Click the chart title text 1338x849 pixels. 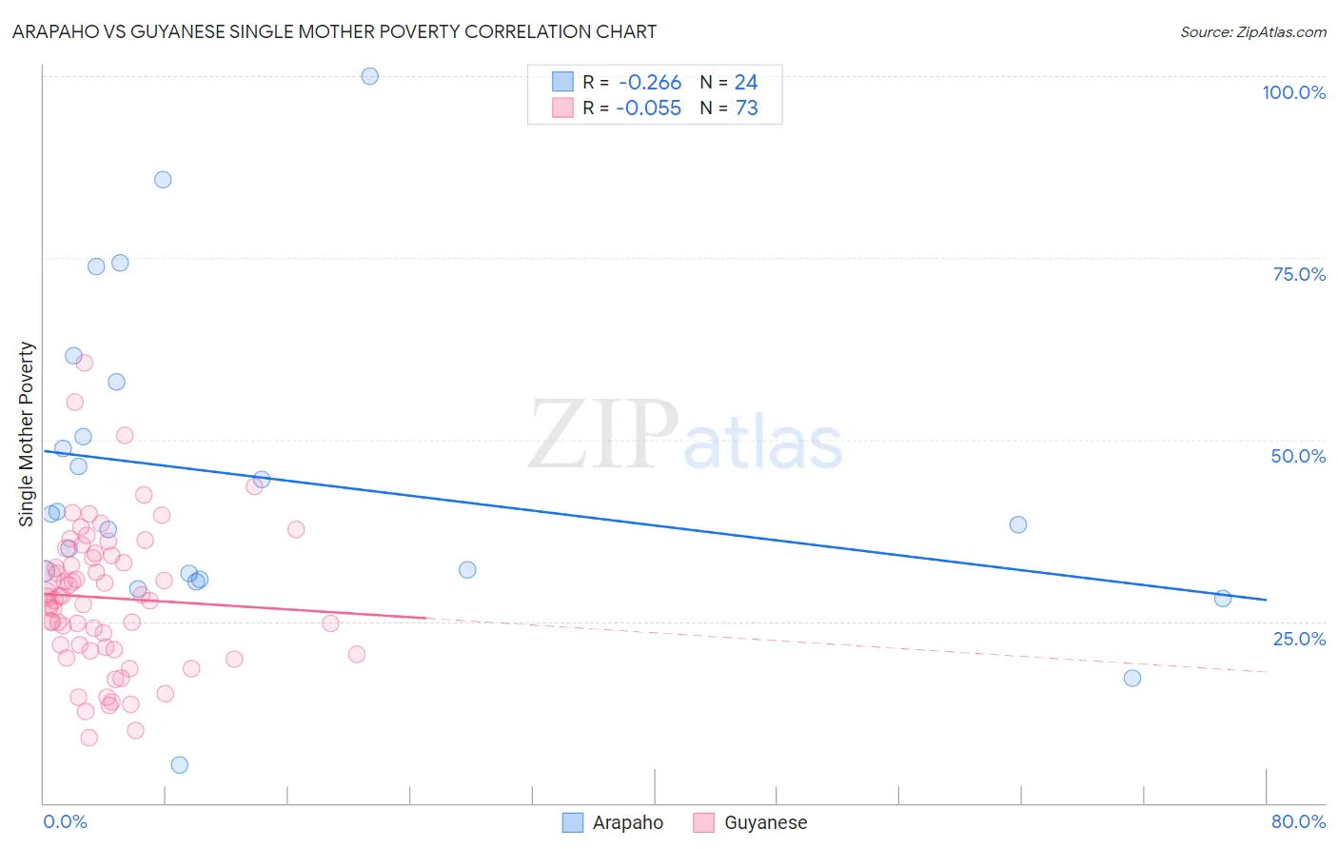pyautogui.click(x=334, y=31)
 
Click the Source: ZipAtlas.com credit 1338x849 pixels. pyautogui.click(x=1252, y=31)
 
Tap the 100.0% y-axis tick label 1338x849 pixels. pyautogui.click(x=1293, y=92)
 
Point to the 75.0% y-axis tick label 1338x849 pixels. pyautogui.click(x=1299, y=274)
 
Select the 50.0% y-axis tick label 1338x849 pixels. pyautogui.click(x=1298, y=456)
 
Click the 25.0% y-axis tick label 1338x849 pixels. pyautogui.click(x=1299, y=639)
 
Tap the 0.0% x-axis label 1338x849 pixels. pyautogui.click(x=65, y=821)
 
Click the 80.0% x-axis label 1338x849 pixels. pyautogui.click(x=1298, y=821)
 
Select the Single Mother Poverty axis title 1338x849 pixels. pyautogui.click(x=27, y=434)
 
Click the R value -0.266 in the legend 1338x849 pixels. pyautogui.click(x=649, y=83)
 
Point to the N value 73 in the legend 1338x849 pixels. pyautogui.click(x=747, y=109)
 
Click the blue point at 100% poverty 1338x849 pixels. pyautogui.click(x=370, y=76)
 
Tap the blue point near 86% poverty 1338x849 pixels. pyautogui.click(x=163, y=180)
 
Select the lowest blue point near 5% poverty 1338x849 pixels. pyautogui.click(x=179, y=765)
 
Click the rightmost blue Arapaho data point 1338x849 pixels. pyautogui.click(x=1223, y=599)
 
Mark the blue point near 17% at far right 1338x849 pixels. pyautogui.click(x=1132, y=679)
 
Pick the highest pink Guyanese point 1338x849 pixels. pyautogui.click(x=84, y=363)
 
